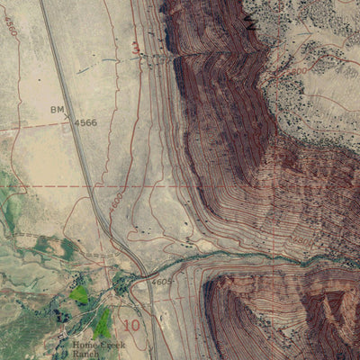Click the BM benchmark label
pyautogui.click(x=56, y=109)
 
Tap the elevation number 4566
pyautogui.click(x=85, y=122)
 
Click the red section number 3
pyautogui.click(x=136, y=47)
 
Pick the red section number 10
pyautogui.click(x=131, y=324)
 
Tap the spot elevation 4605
pyautogui.click(x=162, y=282)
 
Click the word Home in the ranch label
pyautogui.click(x=86, y=345)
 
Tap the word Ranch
pyautogui.click(x=88, y=355)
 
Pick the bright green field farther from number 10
pyautogui.click(x=81, y=293)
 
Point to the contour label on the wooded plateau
pyautogui.click(x=297, y=69)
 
